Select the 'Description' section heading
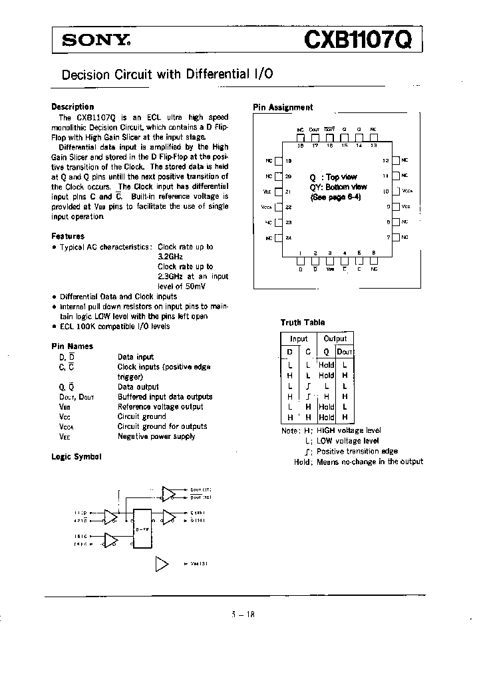tap(73, 106)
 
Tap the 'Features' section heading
tap(68, 236)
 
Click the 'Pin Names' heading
tap(72, 346)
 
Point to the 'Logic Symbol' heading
tap(77, 457)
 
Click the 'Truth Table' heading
tap(303, 323)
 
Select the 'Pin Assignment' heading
tap(283, 107)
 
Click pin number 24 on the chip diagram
tap(288, 237)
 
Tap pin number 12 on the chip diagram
tap(385, 160)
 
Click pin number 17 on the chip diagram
tap(315, 144)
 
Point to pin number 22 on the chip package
tap(288, 207)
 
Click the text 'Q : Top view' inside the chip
tap(333, 178)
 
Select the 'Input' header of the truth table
tap(299, 338)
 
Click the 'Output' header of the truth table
tap(335, 338)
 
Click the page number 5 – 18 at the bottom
tap(239, 614)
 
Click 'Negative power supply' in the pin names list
tap(156, 436)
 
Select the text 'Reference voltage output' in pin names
tap(160, 406)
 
